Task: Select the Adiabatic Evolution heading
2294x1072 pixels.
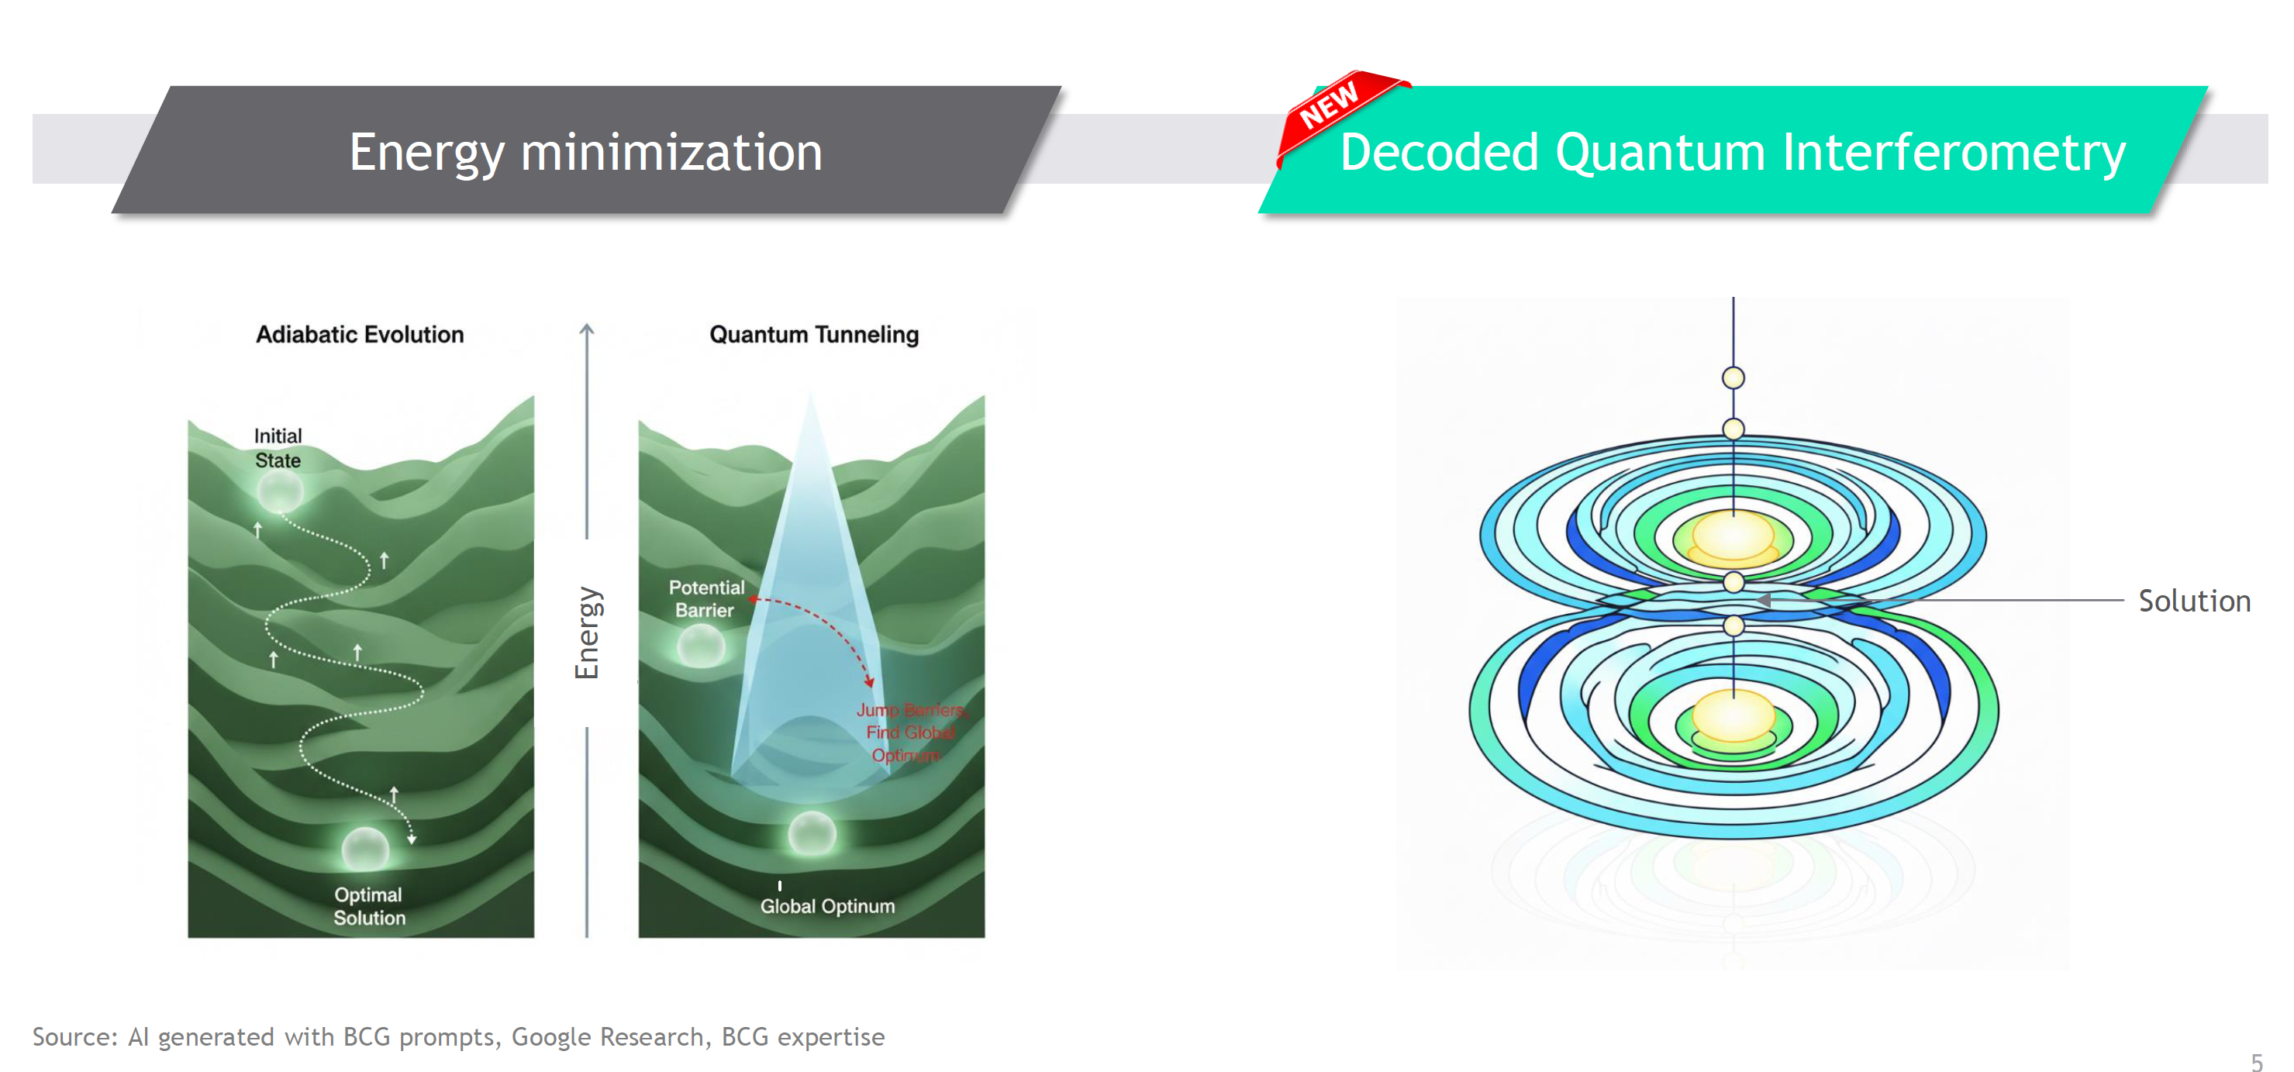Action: [x=360, y=335]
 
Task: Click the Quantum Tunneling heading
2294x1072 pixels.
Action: [x=813, y=335]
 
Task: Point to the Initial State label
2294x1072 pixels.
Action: [x=278, y=448]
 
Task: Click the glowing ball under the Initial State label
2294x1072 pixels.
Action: [x=280, y=491]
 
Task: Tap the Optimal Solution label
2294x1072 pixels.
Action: [x=369, y=905]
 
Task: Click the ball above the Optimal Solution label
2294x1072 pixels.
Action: [x=365, y=848]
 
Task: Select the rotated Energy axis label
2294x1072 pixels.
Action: [x=588, y=633]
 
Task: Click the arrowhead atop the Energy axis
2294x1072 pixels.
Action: [x=586, y=329]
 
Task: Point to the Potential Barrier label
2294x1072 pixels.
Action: [x=705, y=598]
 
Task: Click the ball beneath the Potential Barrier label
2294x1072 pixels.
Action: [x=701, y=645]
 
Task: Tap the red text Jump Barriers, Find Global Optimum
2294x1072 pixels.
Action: [x=909, y=732]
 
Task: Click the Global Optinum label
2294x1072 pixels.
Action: [x=826, y=905]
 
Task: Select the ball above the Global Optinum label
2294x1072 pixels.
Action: [x=811, y=833]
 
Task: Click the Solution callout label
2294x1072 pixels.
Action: [x=2193, y=601]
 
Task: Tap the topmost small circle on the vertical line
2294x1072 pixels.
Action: [x=1733, y=377]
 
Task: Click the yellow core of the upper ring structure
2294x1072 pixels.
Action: [x=1733, y=537]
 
